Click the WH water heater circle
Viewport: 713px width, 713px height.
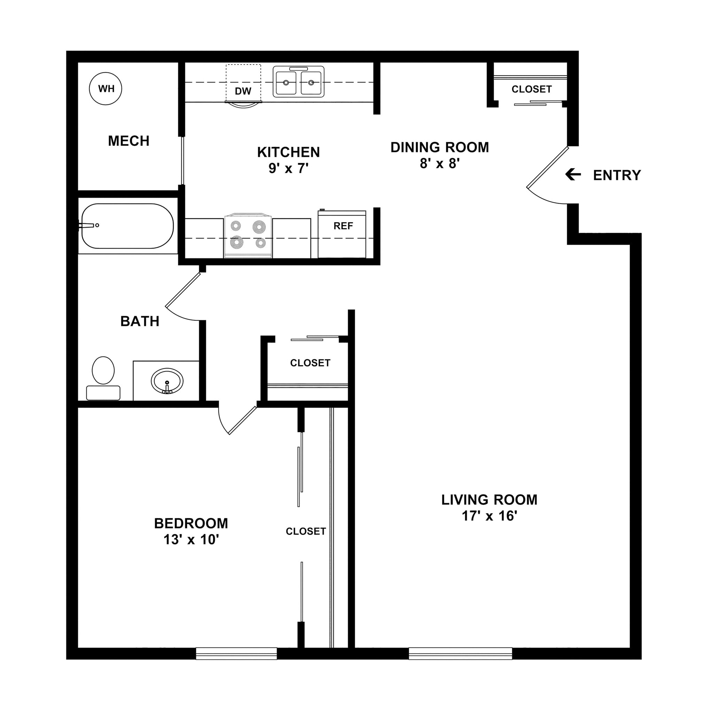105,88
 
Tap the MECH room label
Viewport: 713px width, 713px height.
128,141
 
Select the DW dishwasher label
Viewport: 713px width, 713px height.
243,91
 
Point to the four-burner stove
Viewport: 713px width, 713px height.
248,235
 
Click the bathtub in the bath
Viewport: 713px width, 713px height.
127,226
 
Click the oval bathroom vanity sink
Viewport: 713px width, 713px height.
167,381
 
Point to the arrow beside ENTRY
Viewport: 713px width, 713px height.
573,174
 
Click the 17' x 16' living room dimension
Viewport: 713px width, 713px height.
489,516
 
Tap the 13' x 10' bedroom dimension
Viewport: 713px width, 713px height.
191,540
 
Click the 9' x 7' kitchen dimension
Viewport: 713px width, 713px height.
288,169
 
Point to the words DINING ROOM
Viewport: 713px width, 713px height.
440,147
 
